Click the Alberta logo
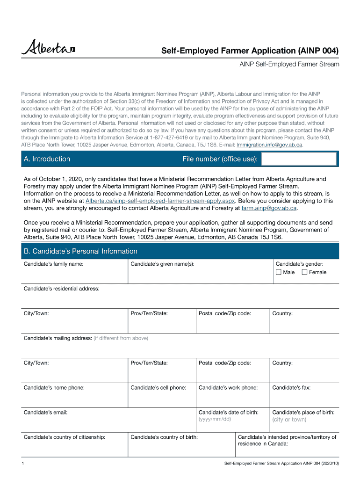pos(48,48)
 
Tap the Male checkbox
pos(279,272)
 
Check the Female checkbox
pos(305,272)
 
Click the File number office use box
pos(299,159)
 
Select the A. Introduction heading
pos(47,159)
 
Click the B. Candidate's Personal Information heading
pos(80,251)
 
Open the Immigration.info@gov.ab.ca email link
pos(270,145)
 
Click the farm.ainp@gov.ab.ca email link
pos(268,208)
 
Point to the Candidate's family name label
pos(54,264)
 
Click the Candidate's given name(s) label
pos(162,264)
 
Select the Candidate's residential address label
pos(61,289)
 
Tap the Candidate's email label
pos(46,413)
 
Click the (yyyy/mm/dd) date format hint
pos(215,419)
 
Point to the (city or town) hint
pos(289,420)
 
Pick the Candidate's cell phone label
pos(158,387)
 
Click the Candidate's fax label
pos(291,387)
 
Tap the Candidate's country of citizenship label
pos(65,437)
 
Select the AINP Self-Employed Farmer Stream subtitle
pos(289,64)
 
